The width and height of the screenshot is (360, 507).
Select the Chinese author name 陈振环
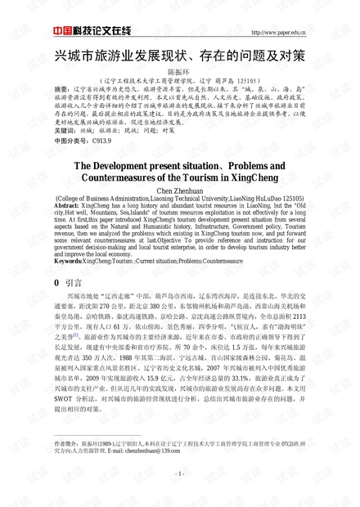(x=179, y=73)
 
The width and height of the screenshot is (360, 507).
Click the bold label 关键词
(x=65, y=131)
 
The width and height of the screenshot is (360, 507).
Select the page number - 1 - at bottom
(x=179, y=496)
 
